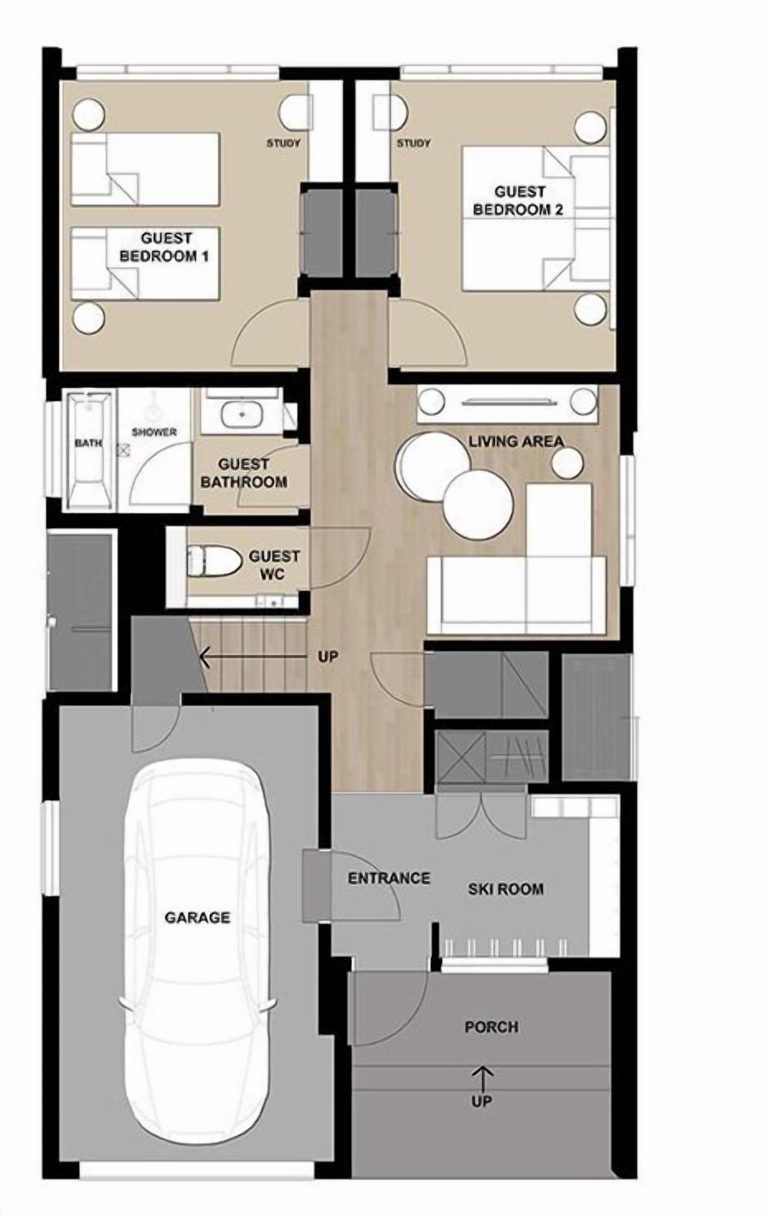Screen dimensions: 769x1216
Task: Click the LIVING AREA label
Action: (516, 441)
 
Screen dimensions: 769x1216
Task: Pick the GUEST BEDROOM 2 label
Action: (519, 200)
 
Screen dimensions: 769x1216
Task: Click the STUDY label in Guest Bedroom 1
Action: (283, 143)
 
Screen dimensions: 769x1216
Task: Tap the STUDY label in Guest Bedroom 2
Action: (413, 143)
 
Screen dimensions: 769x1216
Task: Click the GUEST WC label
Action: (274, 565)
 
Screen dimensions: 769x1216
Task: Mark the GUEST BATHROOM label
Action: (244, 473)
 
